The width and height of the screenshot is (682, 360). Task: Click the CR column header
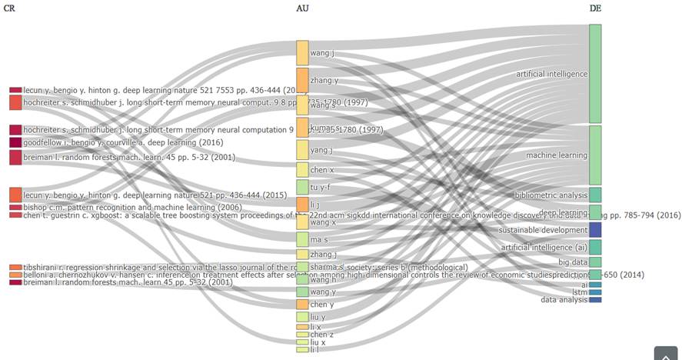coord(10,8)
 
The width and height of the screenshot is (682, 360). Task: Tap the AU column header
coord(303,8)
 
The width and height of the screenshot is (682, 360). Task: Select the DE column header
coord(595,8)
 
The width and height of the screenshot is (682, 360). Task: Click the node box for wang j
coord(302,52)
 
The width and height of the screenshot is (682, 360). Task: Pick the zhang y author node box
coord(302,79)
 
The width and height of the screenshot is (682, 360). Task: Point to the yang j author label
coord(321,150)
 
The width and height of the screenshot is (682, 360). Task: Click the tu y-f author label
coord(321,187)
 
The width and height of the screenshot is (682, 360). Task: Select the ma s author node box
coord(302,239)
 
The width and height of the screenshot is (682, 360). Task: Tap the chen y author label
coord(322,305)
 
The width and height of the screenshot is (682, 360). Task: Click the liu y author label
coord(318,317)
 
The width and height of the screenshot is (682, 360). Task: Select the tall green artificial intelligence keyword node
coord(595,73)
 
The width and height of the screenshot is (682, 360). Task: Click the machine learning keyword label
coord(557,155)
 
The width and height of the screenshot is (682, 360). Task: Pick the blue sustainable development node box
coord(595,230)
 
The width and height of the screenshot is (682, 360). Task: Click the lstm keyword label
coord(581,292)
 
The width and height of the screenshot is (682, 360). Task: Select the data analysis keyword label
coord(564,300)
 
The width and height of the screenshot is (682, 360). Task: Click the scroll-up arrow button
coord(665,353)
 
